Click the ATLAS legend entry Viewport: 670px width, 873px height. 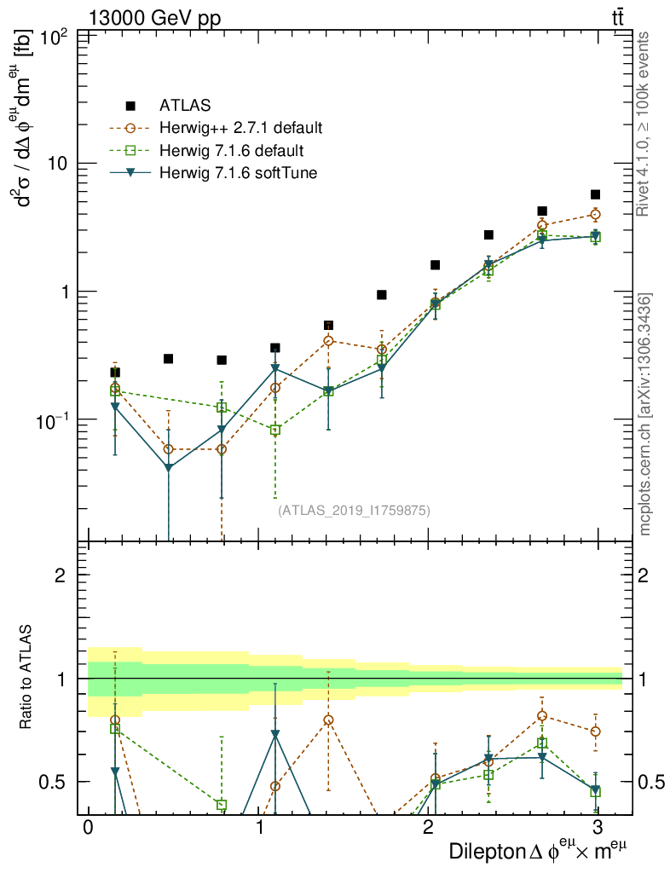click(x=179, y=107)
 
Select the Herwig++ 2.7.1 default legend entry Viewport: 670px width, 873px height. click(x=240, y=129)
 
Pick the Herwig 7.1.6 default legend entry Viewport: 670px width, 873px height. click(x=231, y=151)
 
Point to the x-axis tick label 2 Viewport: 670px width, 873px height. click(x=428, y=828)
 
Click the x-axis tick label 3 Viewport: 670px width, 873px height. click(x=597, y=828)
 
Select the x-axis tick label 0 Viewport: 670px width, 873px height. click(x=88, y=828)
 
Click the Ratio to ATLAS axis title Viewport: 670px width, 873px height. click(x=28, y=678)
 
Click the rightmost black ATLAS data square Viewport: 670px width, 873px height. click(x=595, y=194)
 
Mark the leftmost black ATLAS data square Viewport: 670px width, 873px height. click(x=115, y=373)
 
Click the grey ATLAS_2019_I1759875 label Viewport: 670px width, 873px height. click(x=354, y=511)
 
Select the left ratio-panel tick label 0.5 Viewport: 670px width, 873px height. click(x=60, y=782)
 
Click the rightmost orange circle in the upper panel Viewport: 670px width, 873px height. click(x=595, y=214)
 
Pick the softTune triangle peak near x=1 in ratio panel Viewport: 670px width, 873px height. click(x=275, y=734)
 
